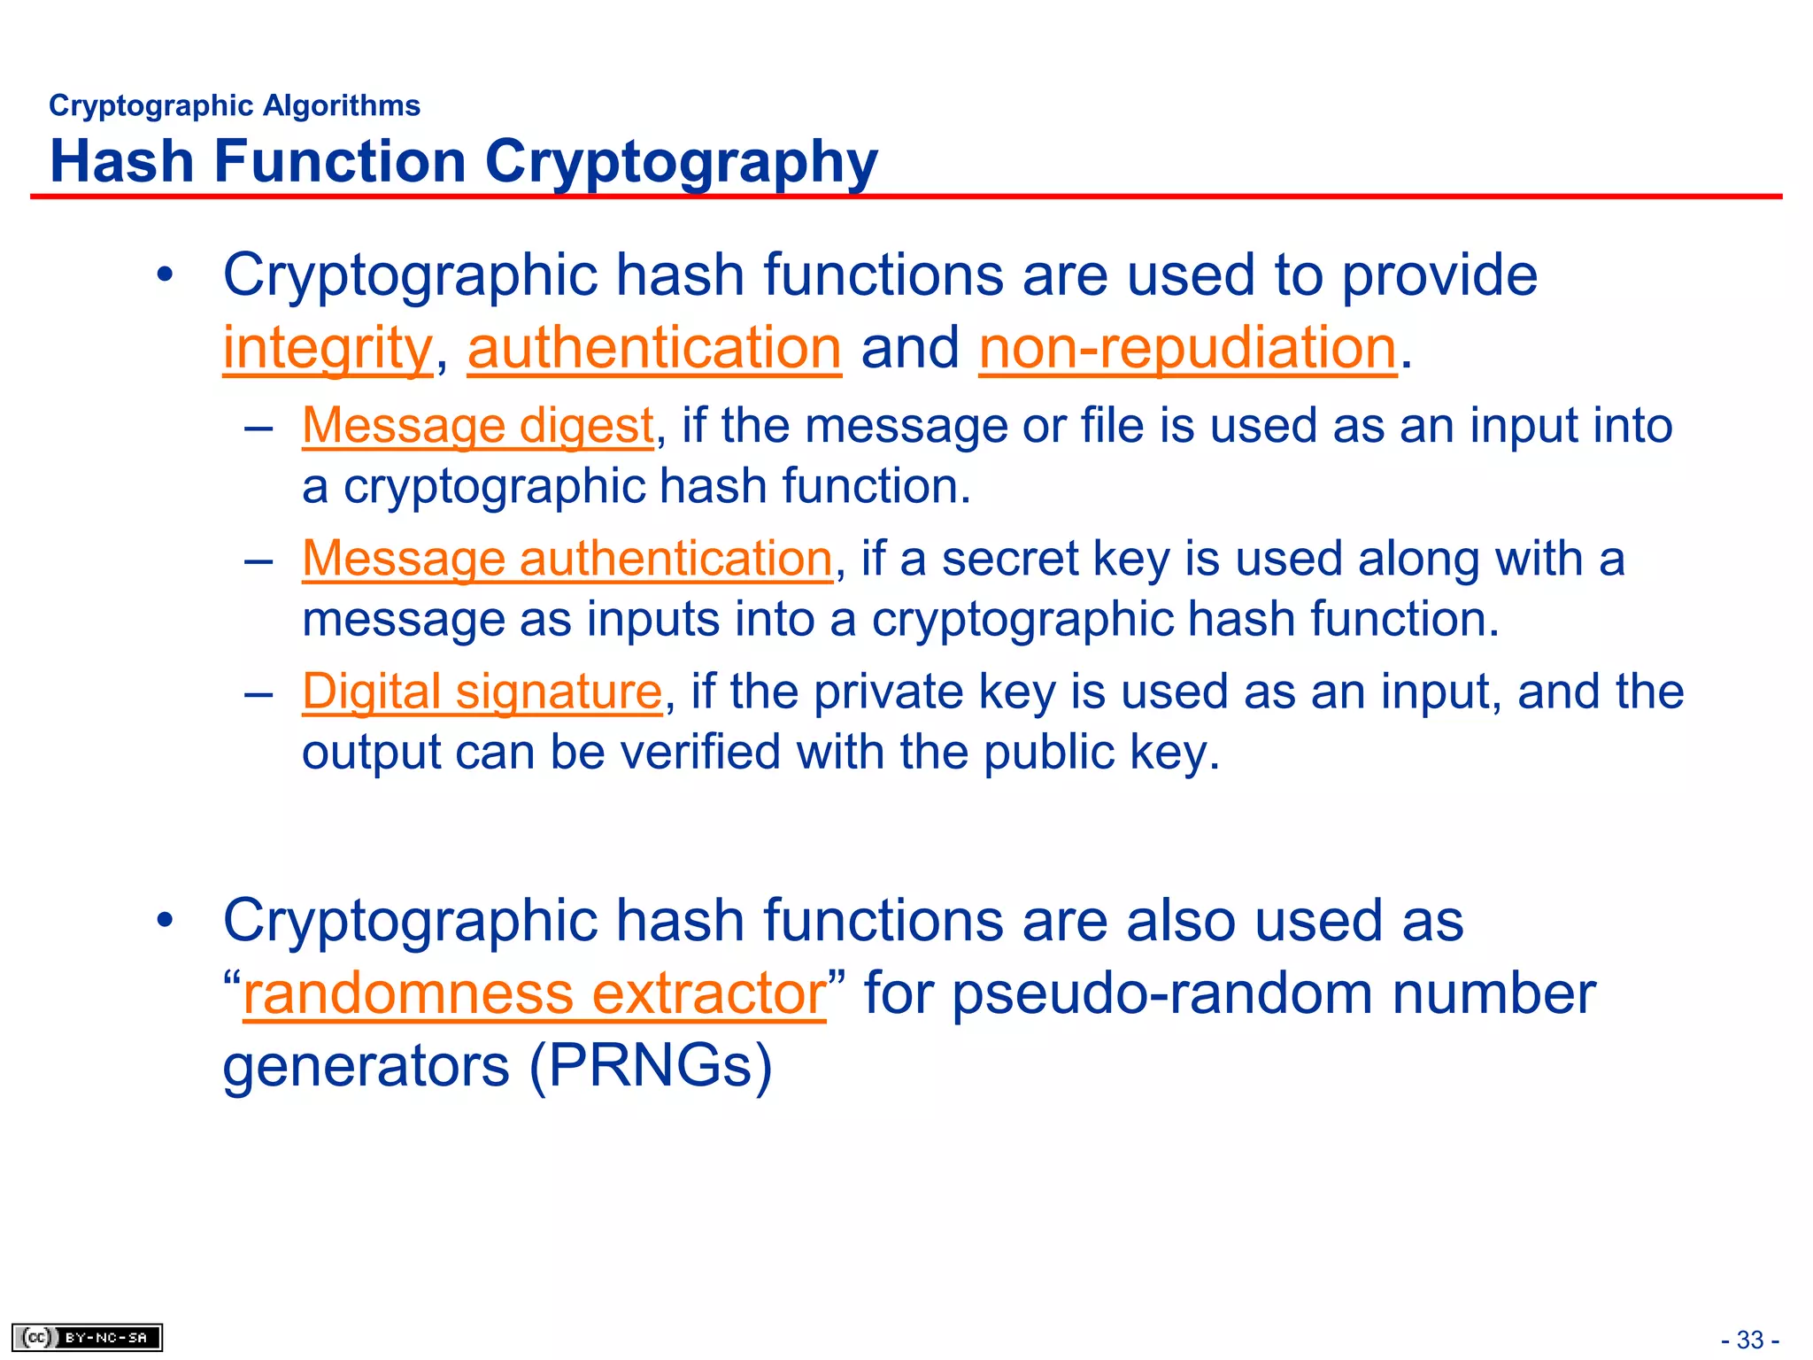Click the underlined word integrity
pyautogui.click(x=327, y=347)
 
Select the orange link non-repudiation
pyautogui.click(x=1187, y=347)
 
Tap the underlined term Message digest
pyautogui.click(x=477, y=426)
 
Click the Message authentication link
pyautogui.click(x=567, y=559)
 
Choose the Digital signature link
pyautogui.click(x=482, y=692)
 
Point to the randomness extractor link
pyautogui.click(x=534, y=993)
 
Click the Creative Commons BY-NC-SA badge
pyautogui.click(x=87, y=1337)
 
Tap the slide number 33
pyautogui.click(x=1750, y=1340)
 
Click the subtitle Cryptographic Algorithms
pyautogui.click(x=235, y=105)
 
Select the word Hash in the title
pyautogui.click(x=122, y=162)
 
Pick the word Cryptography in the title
pyautogui.click(x=681, y=162)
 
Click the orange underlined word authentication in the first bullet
pyautogui.click(x=654, y=347)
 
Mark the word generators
pyautogui.click(x=366, y=1066)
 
